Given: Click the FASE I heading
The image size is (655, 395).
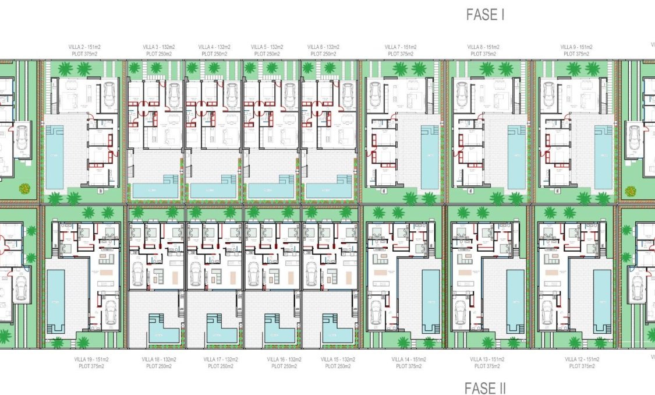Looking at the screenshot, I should (485, 15).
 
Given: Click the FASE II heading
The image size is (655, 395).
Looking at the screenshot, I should (486, 388).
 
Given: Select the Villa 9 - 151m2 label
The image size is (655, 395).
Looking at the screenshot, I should (576, 47).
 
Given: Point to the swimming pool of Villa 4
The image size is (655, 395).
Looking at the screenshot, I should (213, 190).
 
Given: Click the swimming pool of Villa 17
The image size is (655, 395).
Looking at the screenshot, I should (221, 333).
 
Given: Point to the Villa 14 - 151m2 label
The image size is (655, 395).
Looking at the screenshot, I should (409, 359).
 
